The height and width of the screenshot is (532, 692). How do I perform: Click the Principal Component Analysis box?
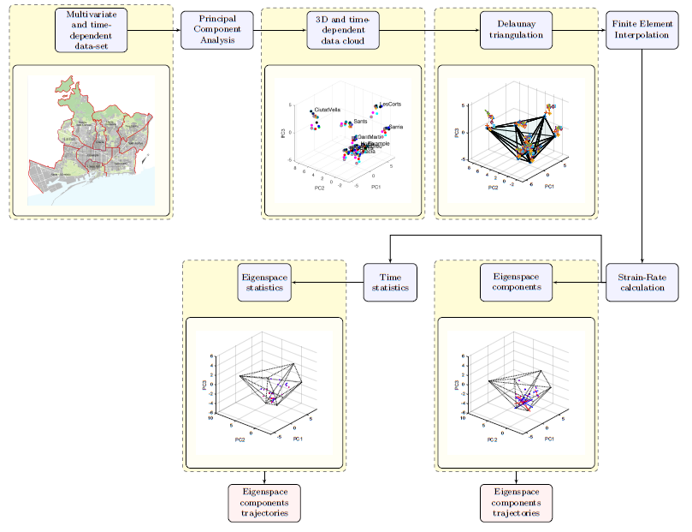click(x=217, y=30)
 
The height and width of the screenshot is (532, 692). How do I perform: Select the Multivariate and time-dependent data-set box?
click(x=92, y=30)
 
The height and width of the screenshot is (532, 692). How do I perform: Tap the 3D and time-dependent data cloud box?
click(x=343, y=30)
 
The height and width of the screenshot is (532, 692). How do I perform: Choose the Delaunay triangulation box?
click(x=516, y=30)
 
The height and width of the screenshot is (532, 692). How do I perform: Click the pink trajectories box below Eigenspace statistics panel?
click(x=265, y=503)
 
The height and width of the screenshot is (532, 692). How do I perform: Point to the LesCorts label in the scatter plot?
click(x=390, y=104)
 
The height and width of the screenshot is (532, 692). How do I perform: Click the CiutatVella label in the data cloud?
click(x=328, y=110)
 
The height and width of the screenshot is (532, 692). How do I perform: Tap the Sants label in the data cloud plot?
click(x=360, y=123)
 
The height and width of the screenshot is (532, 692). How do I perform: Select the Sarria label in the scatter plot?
click(x=395, y=127)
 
